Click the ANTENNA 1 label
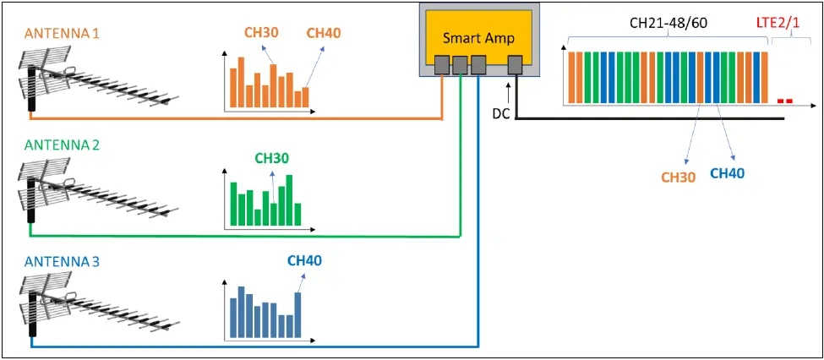[x=62, y=33]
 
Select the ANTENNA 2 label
[x=62, y=145]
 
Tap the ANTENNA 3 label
[x=62, y=262]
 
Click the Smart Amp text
[x=478, y=38]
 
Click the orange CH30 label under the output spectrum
[x=678, y=177]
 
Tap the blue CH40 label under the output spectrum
[x=727, y=173]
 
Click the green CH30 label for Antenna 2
[x=271, y=158]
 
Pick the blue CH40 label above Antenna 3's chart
[x=304, y=261]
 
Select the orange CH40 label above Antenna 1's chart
[x=324, y=33]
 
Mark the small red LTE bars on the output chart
[x=784, y=101]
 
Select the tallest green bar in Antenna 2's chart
[x=289, y=200]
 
